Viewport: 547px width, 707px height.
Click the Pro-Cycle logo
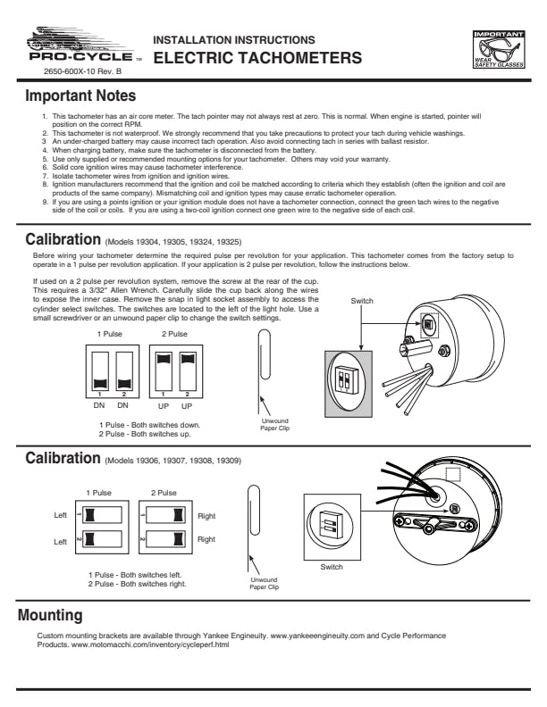83,46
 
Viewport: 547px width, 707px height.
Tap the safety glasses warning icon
499,49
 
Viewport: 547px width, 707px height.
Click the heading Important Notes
80,96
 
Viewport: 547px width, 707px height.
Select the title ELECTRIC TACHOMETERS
257,58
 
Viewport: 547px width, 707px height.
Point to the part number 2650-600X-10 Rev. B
82,71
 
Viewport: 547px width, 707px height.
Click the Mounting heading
50,615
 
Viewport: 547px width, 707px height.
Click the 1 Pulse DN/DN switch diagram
113,371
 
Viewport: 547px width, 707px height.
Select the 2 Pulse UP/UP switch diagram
176,371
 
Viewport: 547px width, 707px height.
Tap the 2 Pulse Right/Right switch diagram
165,527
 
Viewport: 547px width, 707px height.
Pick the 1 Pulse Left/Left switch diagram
102,527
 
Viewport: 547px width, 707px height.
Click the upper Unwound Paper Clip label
275,424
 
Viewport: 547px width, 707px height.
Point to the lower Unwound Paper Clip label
264,584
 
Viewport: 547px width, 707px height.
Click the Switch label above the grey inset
362,301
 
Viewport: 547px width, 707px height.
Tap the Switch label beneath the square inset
332,567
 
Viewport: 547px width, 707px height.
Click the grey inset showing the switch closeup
349,384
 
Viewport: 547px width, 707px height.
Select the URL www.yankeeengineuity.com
317,636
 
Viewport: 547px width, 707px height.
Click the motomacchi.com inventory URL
150,645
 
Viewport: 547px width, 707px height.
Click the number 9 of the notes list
45,202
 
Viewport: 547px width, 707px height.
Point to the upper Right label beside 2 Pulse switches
206,516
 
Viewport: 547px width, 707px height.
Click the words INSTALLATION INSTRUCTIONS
234,40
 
